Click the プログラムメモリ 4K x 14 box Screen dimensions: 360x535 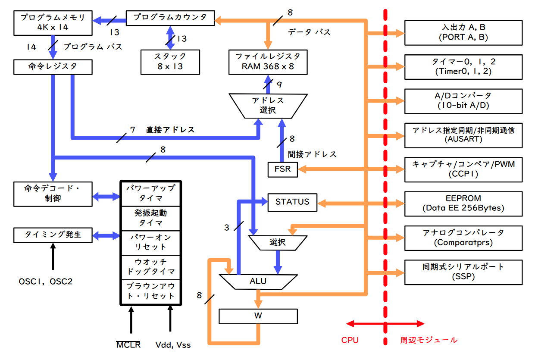[x=53, y=23]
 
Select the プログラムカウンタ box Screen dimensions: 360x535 [x=170, y=18]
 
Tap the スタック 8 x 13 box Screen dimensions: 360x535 [x=170, y=62]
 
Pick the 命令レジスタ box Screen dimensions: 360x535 [x=53, y=66]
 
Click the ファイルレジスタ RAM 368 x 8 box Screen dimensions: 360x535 [x=268, y=62]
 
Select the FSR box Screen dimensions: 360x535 [x=282, y=169]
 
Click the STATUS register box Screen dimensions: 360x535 [x=292, y=202]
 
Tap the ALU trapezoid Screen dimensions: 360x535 [x=258, y=282]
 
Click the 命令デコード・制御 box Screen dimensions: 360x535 [x=53, y=194]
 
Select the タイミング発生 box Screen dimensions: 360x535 [x=53, y=235]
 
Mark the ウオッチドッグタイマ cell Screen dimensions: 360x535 [x=150, y=266]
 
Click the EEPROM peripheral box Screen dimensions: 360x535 [x=463, y=203]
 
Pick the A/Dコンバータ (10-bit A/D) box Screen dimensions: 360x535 [x=463, y=100]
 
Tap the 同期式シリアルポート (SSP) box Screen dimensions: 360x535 [x=463, y=272]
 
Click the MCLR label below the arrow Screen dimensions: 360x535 [x=128, y=345]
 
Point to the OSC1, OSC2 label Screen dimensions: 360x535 [x=46, y=282]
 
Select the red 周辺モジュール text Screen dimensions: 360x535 [x=429, y=340]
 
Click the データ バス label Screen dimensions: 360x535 [x=309, y=32]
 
